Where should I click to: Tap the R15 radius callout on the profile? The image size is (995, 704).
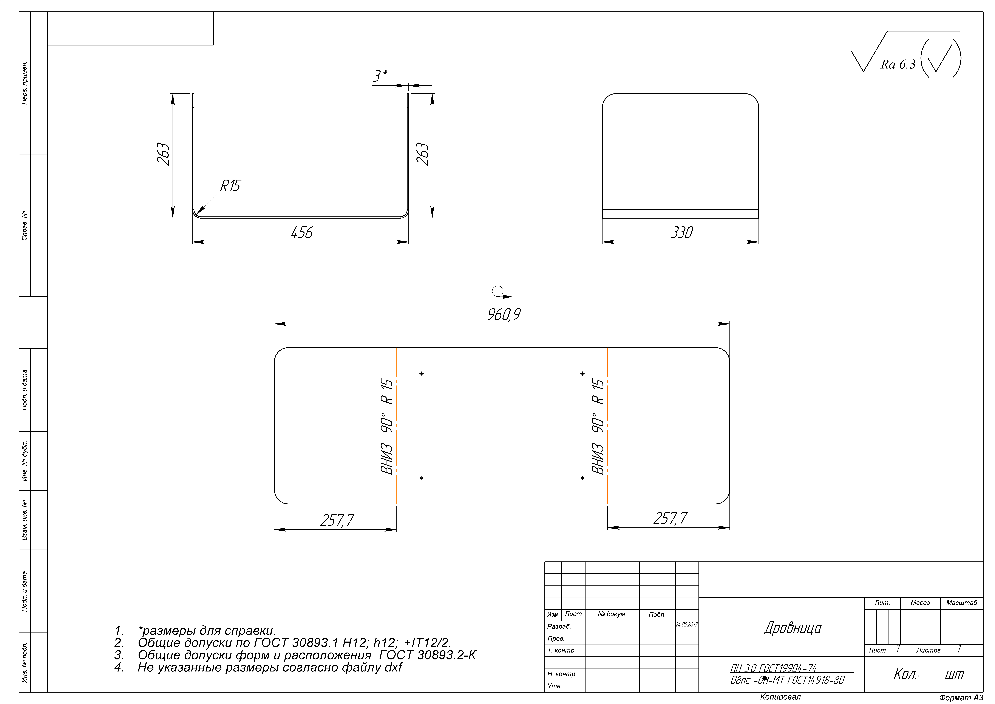coord(230,186)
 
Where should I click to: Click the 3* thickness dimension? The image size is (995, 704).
coord(380,76)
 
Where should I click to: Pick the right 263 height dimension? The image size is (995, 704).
coord(423,154)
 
